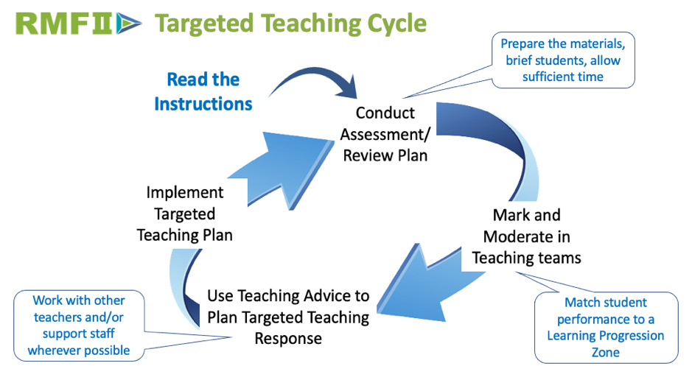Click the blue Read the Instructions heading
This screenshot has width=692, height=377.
tap(203, 91)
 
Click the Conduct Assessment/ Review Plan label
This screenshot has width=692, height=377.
tap(385, 134)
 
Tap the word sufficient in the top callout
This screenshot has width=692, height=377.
tap(551, 77)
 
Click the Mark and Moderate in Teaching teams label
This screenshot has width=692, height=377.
tap(526, 236)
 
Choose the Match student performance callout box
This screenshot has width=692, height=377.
tap(605, 327)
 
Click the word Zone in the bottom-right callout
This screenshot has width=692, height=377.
tap(605, 352)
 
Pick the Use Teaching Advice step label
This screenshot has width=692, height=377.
tap(288, 317)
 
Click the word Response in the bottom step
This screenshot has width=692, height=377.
tap(288, 338)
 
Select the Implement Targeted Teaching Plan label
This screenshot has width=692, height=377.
tap(184, 214)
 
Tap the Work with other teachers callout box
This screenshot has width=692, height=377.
tap(79, 325)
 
